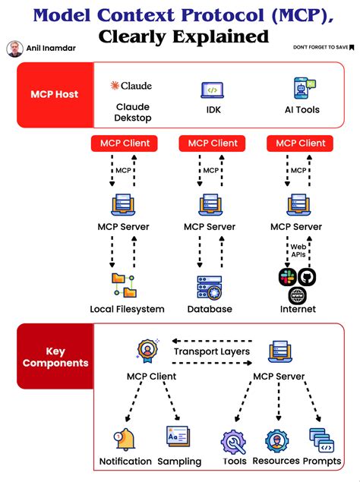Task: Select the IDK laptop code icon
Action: (x=212, y=90)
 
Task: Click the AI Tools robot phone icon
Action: (x=302, y=88)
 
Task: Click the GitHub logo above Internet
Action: (x=306, y=277)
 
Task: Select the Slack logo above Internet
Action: (x=287, y=277)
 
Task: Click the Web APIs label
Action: (x=298, y=250)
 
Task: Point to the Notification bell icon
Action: (x=125, y=439)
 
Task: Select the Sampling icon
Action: (x=178, y=437)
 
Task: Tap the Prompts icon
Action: (x=320, y=439)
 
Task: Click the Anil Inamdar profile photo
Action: (x=14, y=49)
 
